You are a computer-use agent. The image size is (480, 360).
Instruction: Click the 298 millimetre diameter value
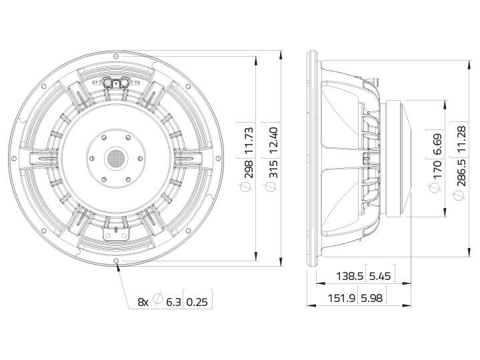(249, 169)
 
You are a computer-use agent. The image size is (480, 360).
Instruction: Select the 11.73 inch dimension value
(249, 141)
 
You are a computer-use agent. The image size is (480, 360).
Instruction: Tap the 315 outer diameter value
(273, 169)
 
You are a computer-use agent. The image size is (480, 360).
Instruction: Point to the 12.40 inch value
(273, 141)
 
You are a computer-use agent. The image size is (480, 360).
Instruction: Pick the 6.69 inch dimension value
(437, 145)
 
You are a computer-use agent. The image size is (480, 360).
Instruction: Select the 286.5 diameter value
(461, 173)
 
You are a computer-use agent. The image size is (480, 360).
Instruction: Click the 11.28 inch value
(461, 139)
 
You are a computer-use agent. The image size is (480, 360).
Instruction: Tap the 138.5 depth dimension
(349, 276)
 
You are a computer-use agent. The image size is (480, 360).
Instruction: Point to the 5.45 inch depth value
(380, 276)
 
